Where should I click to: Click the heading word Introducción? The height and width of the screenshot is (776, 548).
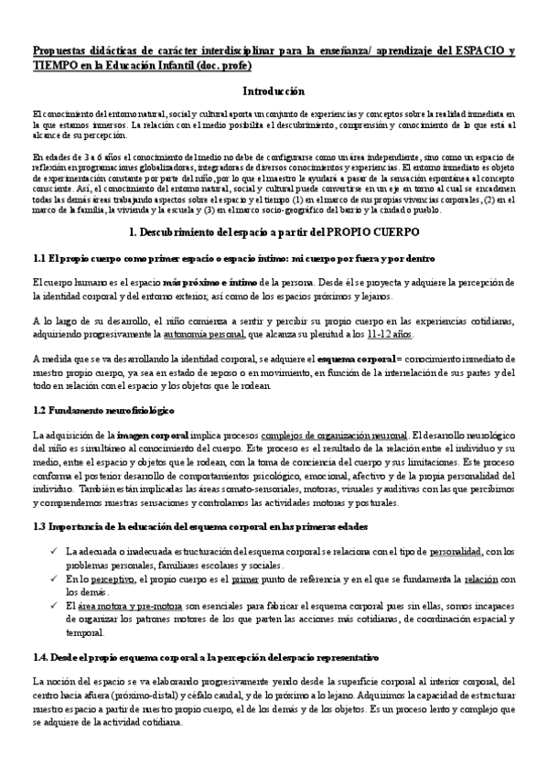(x=274, y=92)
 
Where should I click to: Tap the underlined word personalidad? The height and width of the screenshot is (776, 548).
(x=429, y=553)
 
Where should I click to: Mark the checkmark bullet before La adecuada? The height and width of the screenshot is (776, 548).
(x=57, y=553)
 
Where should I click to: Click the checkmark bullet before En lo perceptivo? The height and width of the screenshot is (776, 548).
(x=57, y=579)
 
